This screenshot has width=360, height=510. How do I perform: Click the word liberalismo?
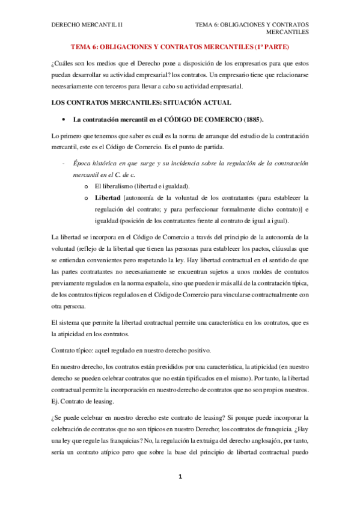120,186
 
